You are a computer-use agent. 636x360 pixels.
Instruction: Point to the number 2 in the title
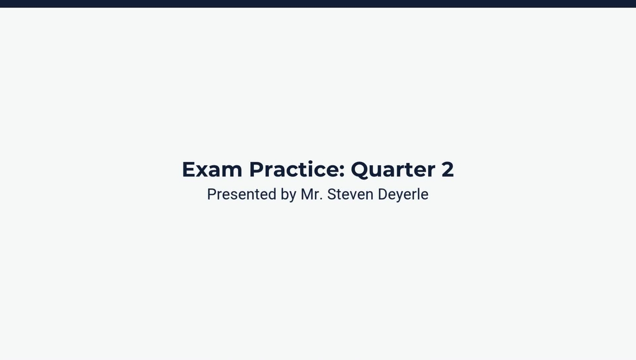[x=447, y=169]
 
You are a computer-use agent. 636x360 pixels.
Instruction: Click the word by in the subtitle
[x=288, y=194]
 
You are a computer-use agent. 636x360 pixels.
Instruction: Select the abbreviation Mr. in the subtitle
[x=312, y=194]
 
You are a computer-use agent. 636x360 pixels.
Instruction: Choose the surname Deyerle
[x=403, y=194]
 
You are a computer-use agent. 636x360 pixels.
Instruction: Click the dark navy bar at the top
[x=318, y=3]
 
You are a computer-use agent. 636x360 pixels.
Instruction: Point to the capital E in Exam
[x=188, y=169]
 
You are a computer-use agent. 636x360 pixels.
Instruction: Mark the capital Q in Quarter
[x=362, y=169]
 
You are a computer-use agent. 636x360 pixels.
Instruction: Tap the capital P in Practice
[x=256, y=169]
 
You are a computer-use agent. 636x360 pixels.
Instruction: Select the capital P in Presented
[x=211, y=194]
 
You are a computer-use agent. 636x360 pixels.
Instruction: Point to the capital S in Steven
[x=331, y=194]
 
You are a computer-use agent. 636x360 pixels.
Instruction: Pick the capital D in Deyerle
[x=383, y=194]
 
